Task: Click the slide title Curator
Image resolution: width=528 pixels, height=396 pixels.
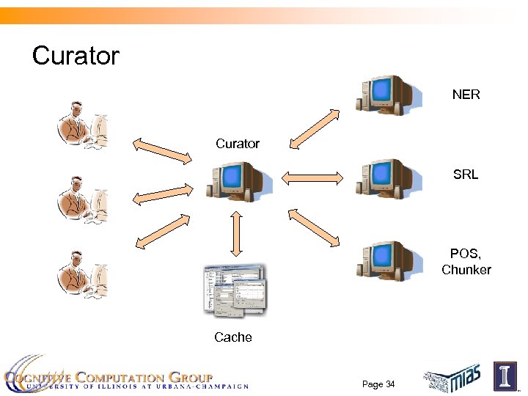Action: (76, 56)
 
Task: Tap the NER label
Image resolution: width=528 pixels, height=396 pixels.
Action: (466, 95)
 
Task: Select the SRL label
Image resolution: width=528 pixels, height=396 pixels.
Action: (466, 175)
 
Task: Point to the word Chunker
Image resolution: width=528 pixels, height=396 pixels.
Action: (466, 270)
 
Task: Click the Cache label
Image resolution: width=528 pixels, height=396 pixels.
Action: (233, 337)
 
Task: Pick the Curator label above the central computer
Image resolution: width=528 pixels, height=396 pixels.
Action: (238, 144)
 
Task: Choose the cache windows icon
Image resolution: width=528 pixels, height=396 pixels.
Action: (235, 292)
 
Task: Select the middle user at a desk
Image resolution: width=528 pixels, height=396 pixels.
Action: (82, 198)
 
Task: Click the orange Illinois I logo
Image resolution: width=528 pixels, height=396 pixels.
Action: (505, 376)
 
